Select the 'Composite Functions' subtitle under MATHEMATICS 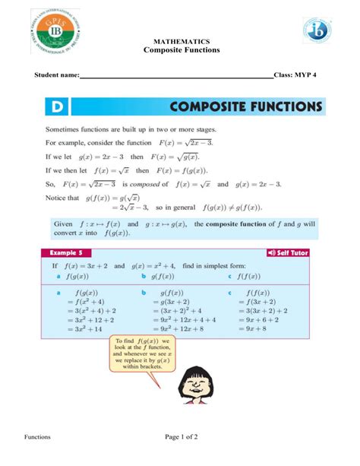[182, 49]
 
